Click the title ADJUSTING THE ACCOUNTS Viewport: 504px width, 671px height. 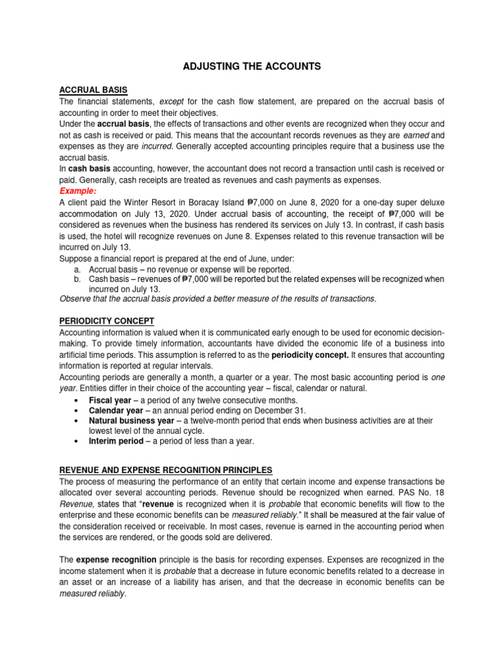coord(251,66)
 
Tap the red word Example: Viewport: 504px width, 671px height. coord(78,191)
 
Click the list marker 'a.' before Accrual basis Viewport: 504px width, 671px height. coord(77,269)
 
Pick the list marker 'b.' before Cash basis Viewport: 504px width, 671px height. coord(77,279)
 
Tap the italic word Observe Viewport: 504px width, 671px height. coord(76,299)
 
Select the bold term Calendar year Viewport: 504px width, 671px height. coord(116,410)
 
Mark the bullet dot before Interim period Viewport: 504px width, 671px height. coord(77,441)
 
